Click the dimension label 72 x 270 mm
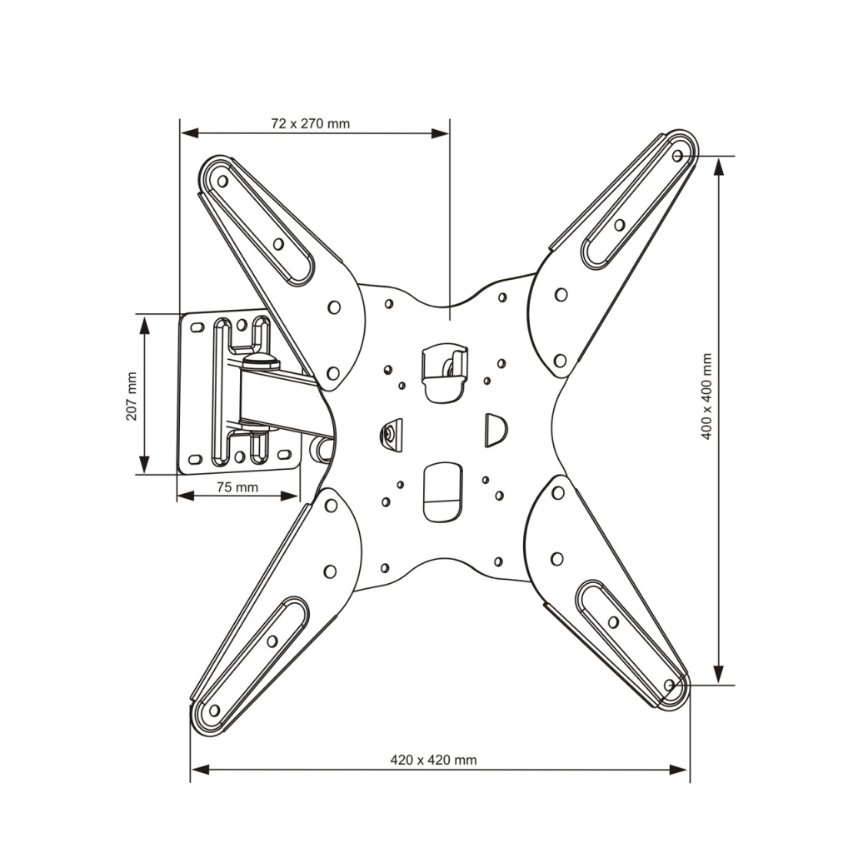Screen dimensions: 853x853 310,123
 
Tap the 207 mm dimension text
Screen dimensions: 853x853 132,396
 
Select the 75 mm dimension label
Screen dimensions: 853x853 237,486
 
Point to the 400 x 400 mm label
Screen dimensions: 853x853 706,396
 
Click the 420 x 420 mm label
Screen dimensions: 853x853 433,760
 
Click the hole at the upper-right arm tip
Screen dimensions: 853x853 677,156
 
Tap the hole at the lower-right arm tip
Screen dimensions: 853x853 670,685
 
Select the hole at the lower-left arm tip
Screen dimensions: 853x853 214,711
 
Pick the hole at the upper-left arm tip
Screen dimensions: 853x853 222,181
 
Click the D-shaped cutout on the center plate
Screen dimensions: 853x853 495,431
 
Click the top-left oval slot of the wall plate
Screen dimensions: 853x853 197,327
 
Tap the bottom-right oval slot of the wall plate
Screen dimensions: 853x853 284,454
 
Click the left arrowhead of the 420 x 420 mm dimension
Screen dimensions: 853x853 200,769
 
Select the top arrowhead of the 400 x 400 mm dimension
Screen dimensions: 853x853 719,167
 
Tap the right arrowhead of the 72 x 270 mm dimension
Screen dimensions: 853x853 440,133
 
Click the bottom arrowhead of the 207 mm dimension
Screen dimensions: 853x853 144,464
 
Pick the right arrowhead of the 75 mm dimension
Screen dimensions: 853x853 289,496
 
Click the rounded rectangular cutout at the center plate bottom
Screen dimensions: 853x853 443,492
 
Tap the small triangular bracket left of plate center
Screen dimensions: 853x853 392,435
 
